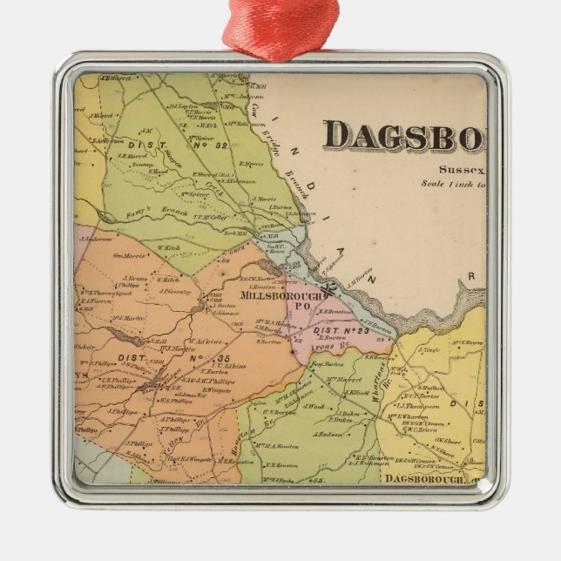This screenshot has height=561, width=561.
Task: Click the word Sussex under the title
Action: [462, 171]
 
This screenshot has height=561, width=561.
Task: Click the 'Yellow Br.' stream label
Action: [193, 431]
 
